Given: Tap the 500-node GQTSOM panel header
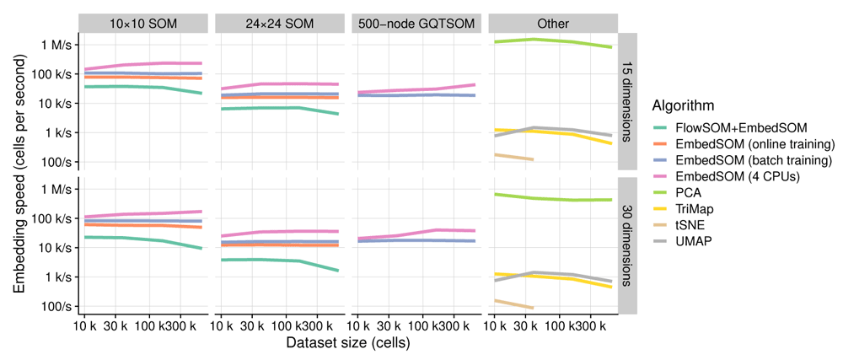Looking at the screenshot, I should (416, 24).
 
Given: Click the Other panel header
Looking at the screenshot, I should (553, 24).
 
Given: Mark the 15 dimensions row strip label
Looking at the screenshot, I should (628, 102).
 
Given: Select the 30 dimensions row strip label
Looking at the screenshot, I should (628, 245).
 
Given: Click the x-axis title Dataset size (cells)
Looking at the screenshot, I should (347, 344).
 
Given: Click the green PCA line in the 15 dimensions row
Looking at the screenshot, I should (556, 40).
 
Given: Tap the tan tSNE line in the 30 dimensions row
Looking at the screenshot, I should (513, 304).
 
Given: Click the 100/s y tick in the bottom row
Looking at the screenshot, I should (61, 306).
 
